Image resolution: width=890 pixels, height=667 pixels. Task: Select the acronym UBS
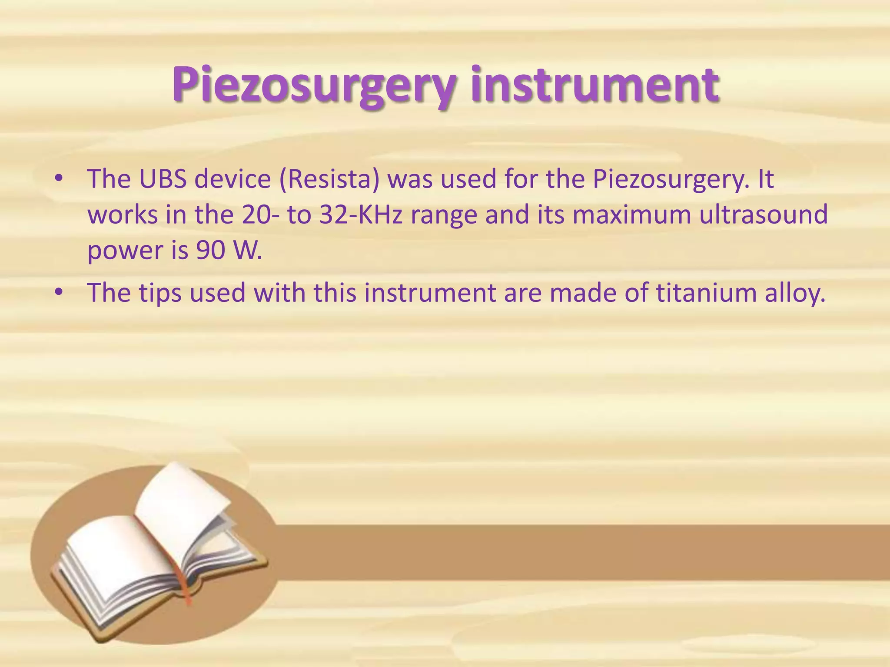pyautogui.click(x=162, y=178)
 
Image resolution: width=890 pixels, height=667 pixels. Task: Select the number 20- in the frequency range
pyautogui.click(x=261, y=215)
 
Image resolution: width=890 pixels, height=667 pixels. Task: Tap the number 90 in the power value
pyautogui.click(x=210, y=251)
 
